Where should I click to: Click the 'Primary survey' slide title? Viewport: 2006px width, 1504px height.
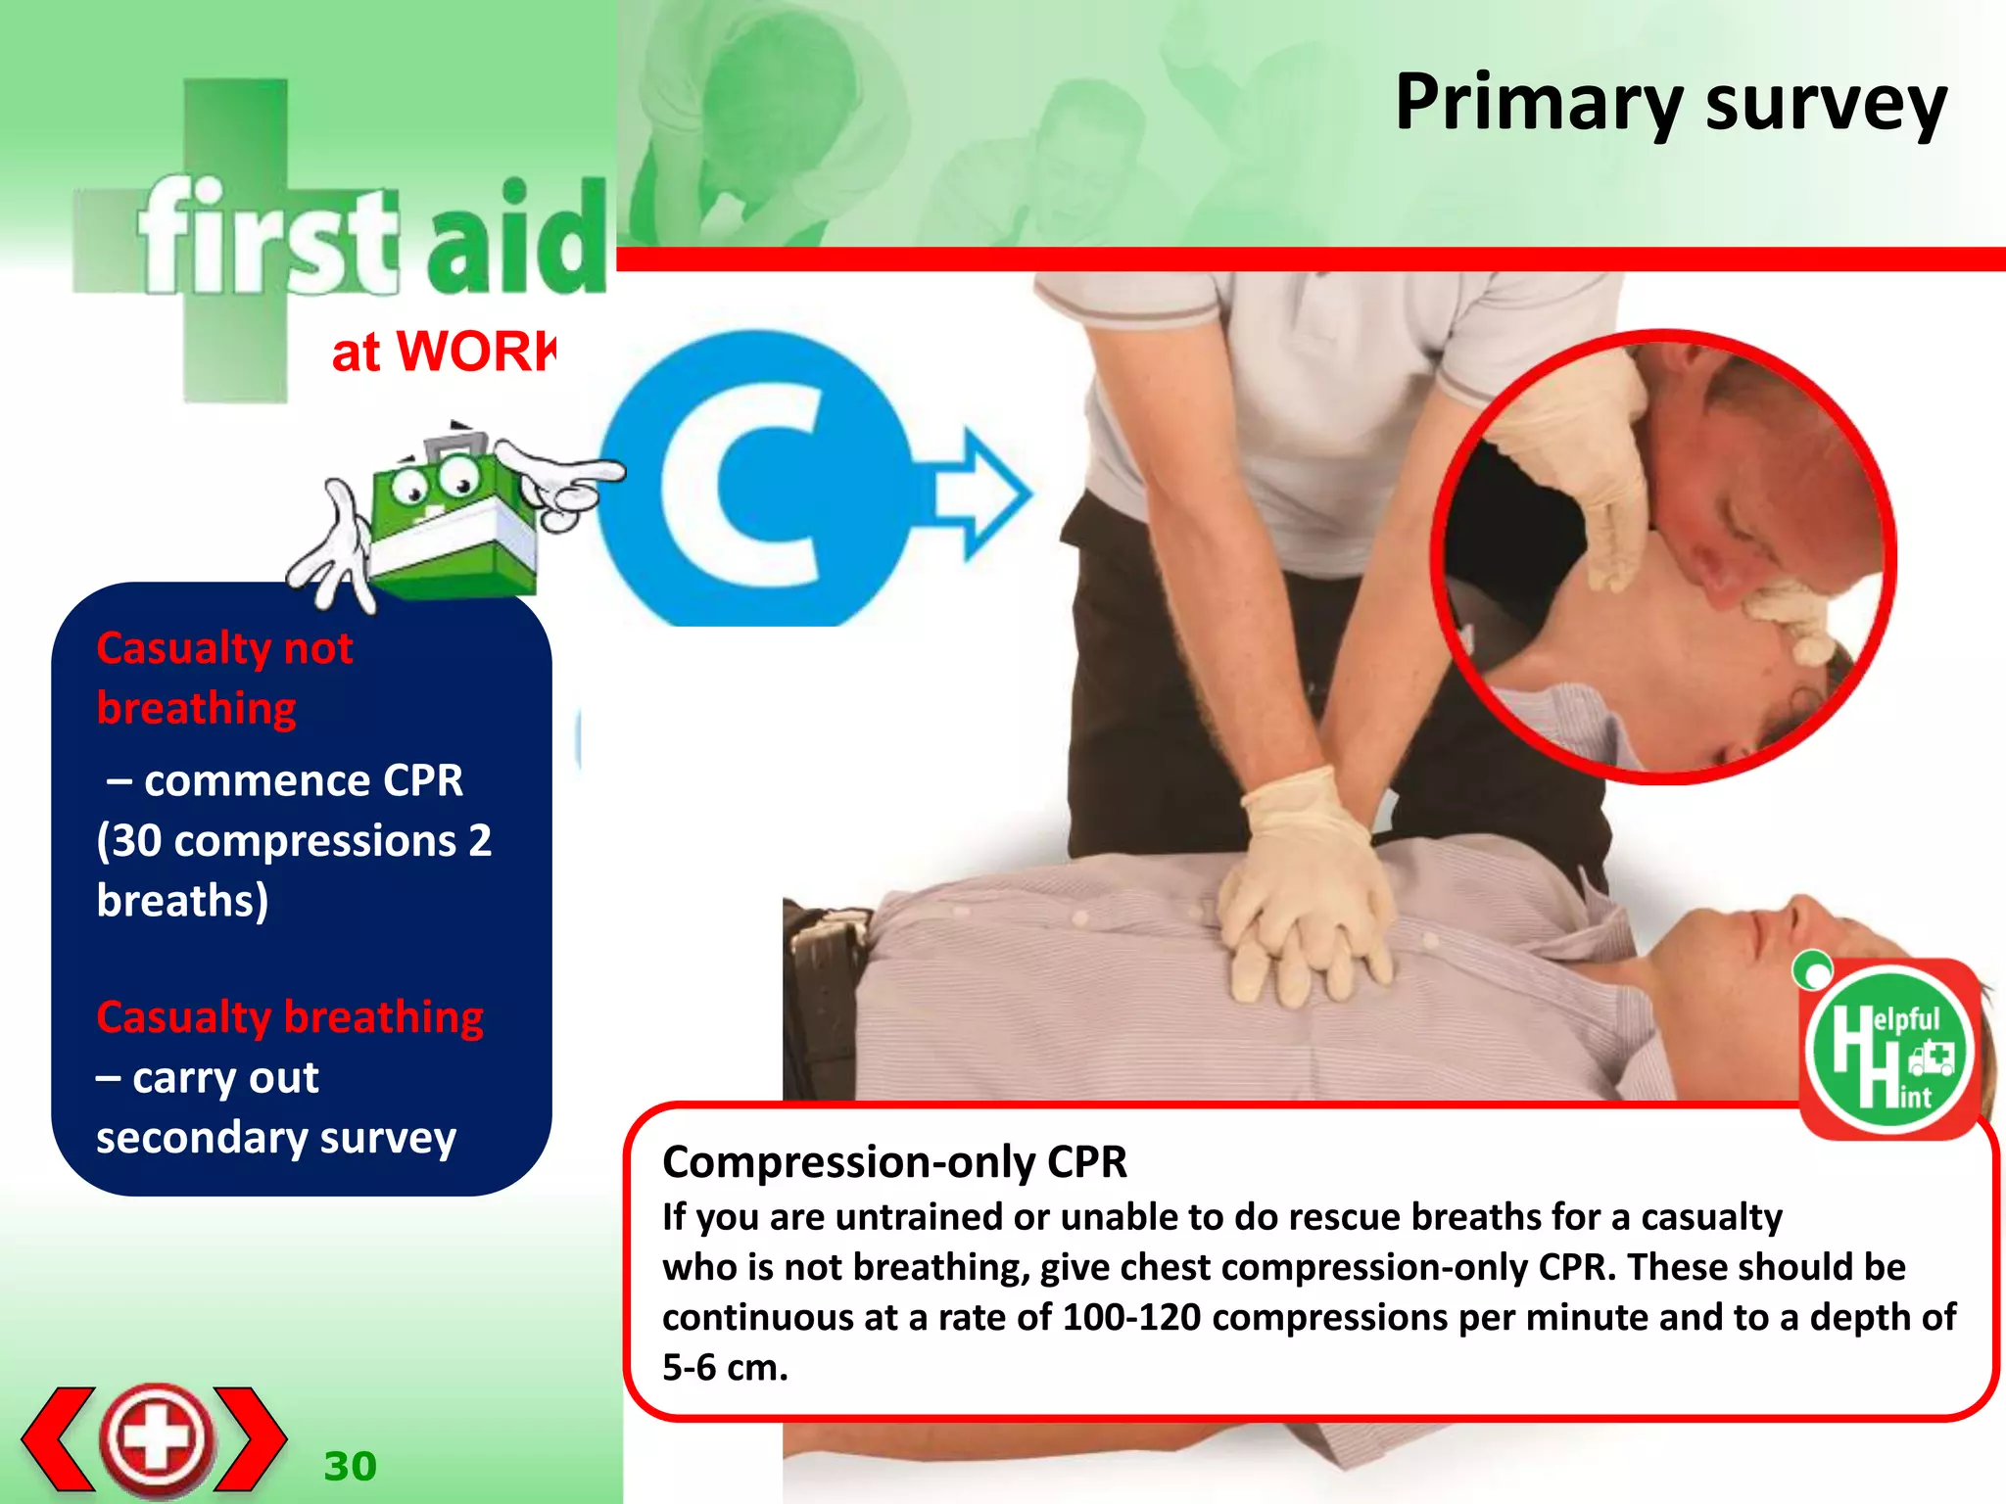click(x=1669, y=104)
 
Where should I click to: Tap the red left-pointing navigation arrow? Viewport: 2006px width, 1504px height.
click(x=59, y=1437)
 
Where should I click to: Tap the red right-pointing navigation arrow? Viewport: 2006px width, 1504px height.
click(x=251, y=1437)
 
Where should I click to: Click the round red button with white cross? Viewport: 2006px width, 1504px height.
click(x=157, y=1437)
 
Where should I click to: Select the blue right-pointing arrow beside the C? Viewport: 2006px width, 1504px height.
click(x=979, y=493)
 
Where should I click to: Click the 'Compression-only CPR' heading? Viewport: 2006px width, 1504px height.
click(x=894, y=1162)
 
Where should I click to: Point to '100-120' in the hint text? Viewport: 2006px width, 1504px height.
click(x=1131, y=1318)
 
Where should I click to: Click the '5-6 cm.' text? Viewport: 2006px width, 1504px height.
click(x=725, y=1368)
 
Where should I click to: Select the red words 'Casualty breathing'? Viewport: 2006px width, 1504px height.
click(x=290, y=1017)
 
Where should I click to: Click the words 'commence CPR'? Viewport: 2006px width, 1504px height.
click(x=304, y=781)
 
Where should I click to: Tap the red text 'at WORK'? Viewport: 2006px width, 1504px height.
click(x=443, y=352)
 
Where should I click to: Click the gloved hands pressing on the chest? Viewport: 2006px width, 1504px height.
click(x=1303, y=901)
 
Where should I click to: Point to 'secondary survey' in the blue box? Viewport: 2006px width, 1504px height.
click(x=276, y=1138)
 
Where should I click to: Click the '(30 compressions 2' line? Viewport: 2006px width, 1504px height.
click(x=294, y=841)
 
